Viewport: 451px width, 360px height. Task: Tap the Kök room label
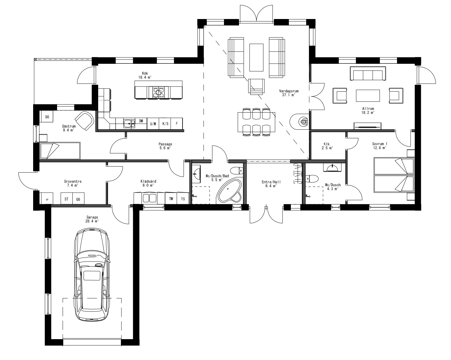point(145,75)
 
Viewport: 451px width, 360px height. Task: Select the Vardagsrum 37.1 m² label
point(288,93)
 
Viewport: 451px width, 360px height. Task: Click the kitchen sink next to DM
point(129,123)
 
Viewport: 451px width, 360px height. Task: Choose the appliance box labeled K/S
point(165,124)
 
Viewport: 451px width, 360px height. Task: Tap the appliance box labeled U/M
point(153,124)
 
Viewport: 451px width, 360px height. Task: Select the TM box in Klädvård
point(171,199)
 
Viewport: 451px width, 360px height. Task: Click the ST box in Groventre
point(66,199)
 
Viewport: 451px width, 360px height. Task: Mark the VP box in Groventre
point(47,199)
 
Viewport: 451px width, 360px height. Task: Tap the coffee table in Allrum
point(368,95)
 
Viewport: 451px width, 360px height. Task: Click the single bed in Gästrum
point(60,151)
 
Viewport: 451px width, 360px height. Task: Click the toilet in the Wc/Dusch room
point(312,178)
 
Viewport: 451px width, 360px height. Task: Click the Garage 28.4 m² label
point(92,219)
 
